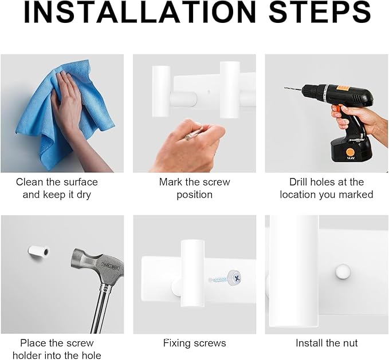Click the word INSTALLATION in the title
click(140, 13)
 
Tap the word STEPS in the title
click(320, 13)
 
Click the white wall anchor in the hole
click(38, 251)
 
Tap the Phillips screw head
click(234, 277)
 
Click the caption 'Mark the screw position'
click(195, 188)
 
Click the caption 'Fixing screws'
click(195, 343)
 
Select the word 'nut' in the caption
click(351, 343)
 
